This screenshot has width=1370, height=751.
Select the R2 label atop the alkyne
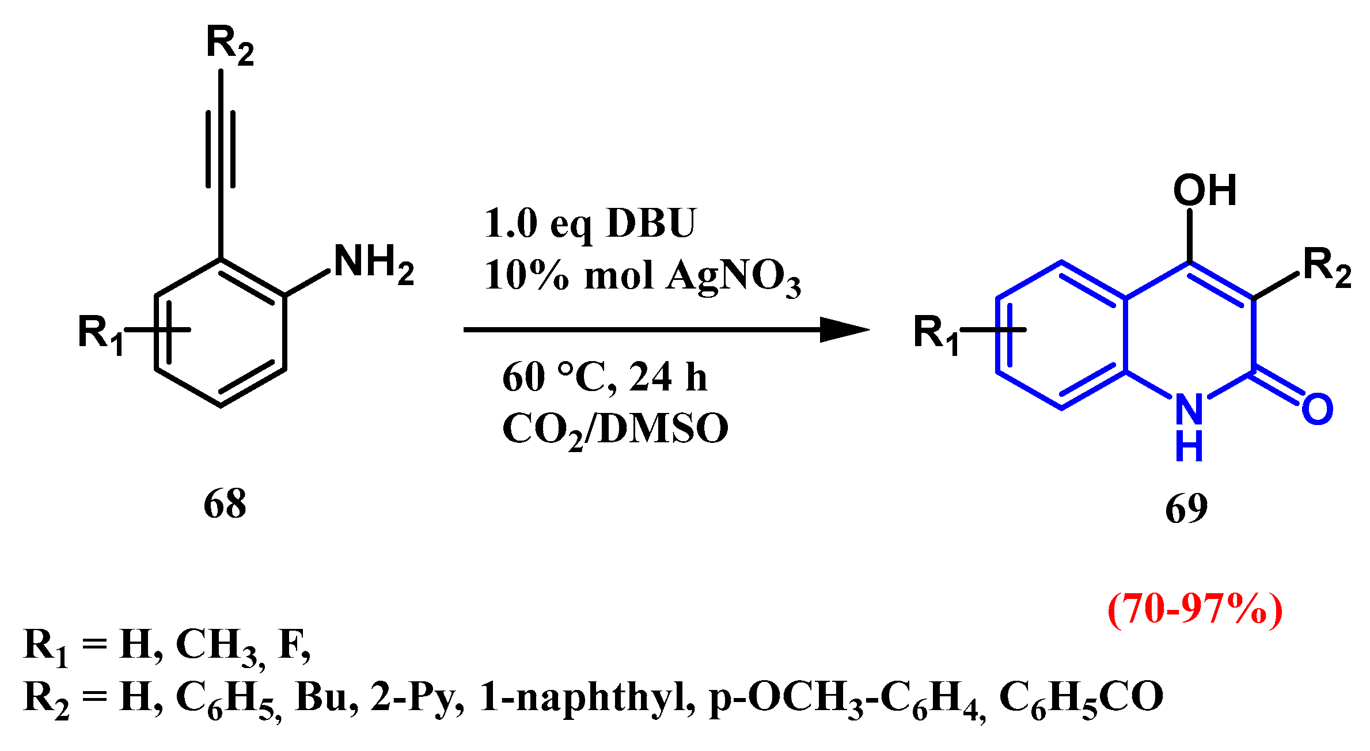tap(230, 45)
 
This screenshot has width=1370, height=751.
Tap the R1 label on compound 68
tap(101, 334)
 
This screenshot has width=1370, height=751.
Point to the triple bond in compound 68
tap(221, 150)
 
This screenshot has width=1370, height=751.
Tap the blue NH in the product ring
tap(1189, 426)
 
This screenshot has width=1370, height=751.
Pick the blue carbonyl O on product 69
tap(1318, 409)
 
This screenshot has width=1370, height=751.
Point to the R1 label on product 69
tap(936, 334)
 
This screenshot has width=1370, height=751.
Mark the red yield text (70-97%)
tap(1195, 609)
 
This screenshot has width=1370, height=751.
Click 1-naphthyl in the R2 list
tap(587, 697)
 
